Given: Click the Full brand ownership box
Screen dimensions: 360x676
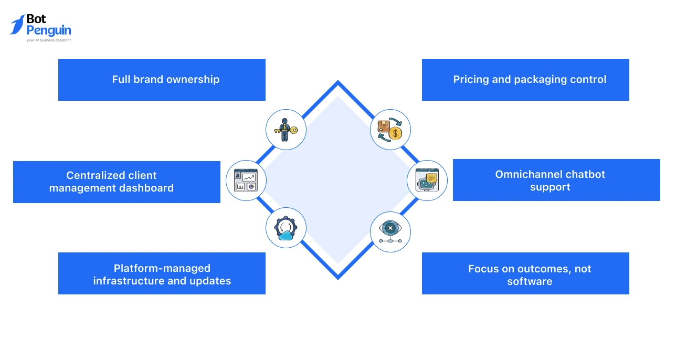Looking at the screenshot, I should [x=162, y=80].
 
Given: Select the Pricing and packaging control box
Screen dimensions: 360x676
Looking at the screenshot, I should [x=525, y=80].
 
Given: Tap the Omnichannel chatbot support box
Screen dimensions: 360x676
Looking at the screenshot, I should [x=556, y=180].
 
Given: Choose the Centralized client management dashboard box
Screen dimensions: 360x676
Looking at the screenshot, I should [x=117, y=182].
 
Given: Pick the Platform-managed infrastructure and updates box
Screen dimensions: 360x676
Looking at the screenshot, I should [x=162, y=273].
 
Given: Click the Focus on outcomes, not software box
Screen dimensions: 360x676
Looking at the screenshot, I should [x=525, y=273].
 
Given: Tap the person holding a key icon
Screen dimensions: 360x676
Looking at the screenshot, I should [x=286, y=129].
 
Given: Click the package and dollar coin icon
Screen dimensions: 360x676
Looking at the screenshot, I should [x=390, y=129].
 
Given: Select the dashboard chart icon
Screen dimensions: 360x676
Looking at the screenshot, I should [x=246, y=180].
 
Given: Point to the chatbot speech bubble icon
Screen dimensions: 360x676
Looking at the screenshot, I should [x=427, y=180].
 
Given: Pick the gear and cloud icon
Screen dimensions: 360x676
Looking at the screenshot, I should [x=286, y=228].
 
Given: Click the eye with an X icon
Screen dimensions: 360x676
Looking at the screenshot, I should [x=390, y=231].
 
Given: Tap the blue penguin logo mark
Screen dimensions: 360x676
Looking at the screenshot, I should [x=17, y=24].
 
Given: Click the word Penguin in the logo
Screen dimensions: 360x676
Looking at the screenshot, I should [x=49, y=30].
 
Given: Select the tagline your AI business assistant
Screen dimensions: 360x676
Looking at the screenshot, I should [x=49, y=40].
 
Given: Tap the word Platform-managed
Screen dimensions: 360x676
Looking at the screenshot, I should [x=162, y=268].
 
